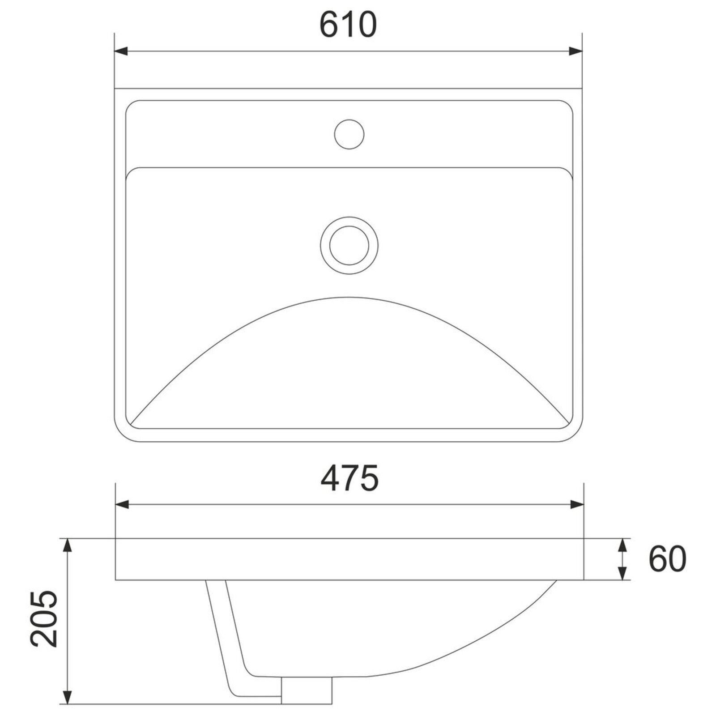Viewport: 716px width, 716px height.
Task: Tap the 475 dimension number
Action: [x=349, y=478]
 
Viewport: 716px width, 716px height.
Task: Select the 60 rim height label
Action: [x=667, y=559]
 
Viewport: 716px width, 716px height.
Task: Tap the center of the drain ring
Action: [x=349, y=246]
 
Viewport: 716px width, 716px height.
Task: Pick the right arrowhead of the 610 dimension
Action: [x=575, y=51]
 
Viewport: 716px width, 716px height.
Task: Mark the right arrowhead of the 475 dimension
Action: [x=577, y=505]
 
